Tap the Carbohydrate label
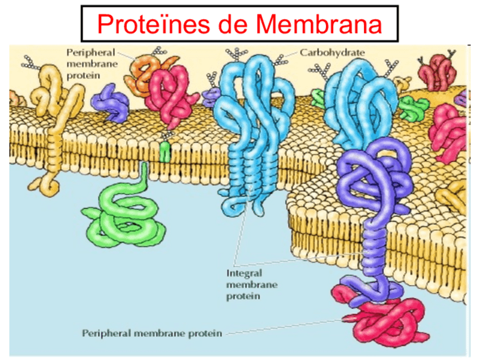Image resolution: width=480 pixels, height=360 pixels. point(332,52)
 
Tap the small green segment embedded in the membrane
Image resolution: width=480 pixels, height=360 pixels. point(165,152)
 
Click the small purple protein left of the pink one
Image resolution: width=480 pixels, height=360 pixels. point(113,102)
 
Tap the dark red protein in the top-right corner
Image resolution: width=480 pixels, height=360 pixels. point(436,71)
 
